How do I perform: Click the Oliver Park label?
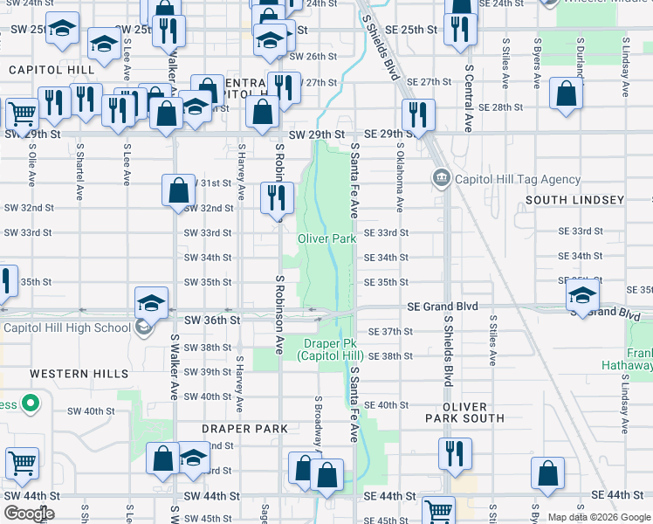pos(326,238)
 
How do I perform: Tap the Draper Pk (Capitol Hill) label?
pos(329,349)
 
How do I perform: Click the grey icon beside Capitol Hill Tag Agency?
pos(441,179)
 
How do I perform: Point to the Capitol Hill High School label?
pos(67,328)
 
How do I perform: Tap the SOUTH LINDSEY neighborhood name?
pos(574,200)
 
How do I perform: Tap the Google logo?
pos(29,514)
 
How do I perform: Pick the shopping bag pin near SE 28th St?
pos(567,96)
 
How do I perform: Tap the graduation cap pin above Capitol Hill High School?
pos(151,304)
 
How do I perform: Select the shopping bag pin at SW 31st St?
pos(178,190)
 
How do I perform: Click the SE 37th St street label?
pos(389,332)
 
